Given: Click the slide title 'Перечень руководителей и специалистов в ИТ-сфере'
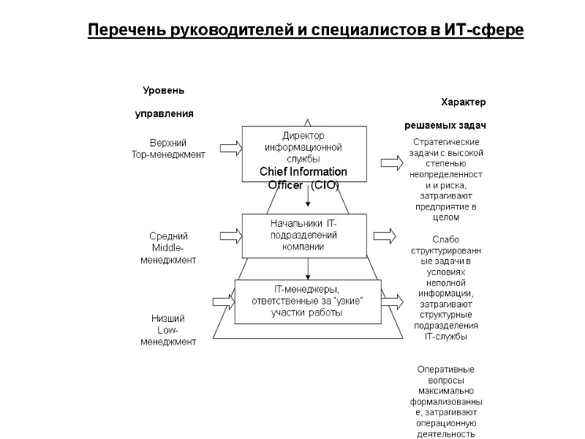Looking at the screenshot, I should coord(306,31).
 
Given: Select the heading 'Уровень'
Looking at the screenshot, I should coord(163,91).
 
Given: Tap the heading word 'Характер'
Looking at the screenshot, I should coord(464,102).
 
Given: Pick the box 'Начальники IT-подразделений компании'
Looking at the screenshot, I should coord(303,235).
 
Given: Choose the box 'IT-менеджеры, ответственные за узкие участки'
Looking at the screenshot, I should coord(307,301).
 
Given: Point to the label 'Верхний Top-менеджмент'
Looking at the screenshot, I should coord(168,148).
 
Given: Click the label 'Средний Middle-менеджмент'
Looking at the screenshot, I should coord(168,247).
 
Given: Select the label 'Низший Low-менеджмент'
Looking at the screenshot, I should coord(168,330).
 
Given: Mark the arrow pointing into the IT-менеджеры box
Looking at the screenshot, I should coord(221,301).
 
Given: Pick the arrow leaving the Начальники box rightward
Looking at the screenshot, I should coord(385,236).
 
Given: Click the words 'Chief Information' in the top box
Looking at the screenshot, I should coord(303,172).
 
